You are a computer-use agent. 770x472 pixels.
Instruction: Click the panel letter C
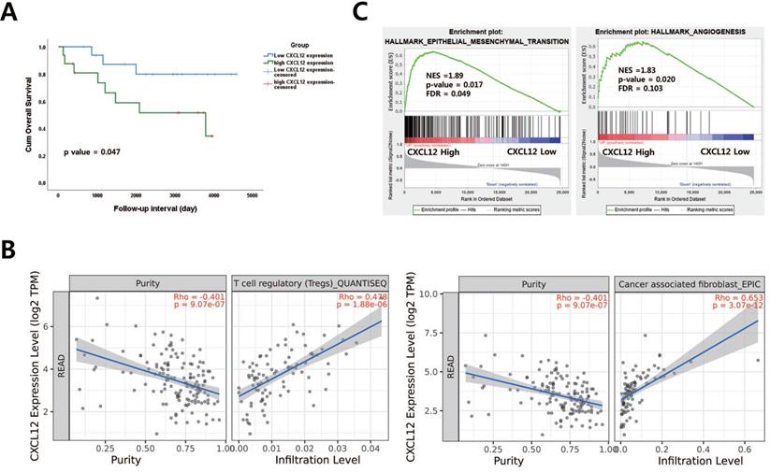tap(357, 12)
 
